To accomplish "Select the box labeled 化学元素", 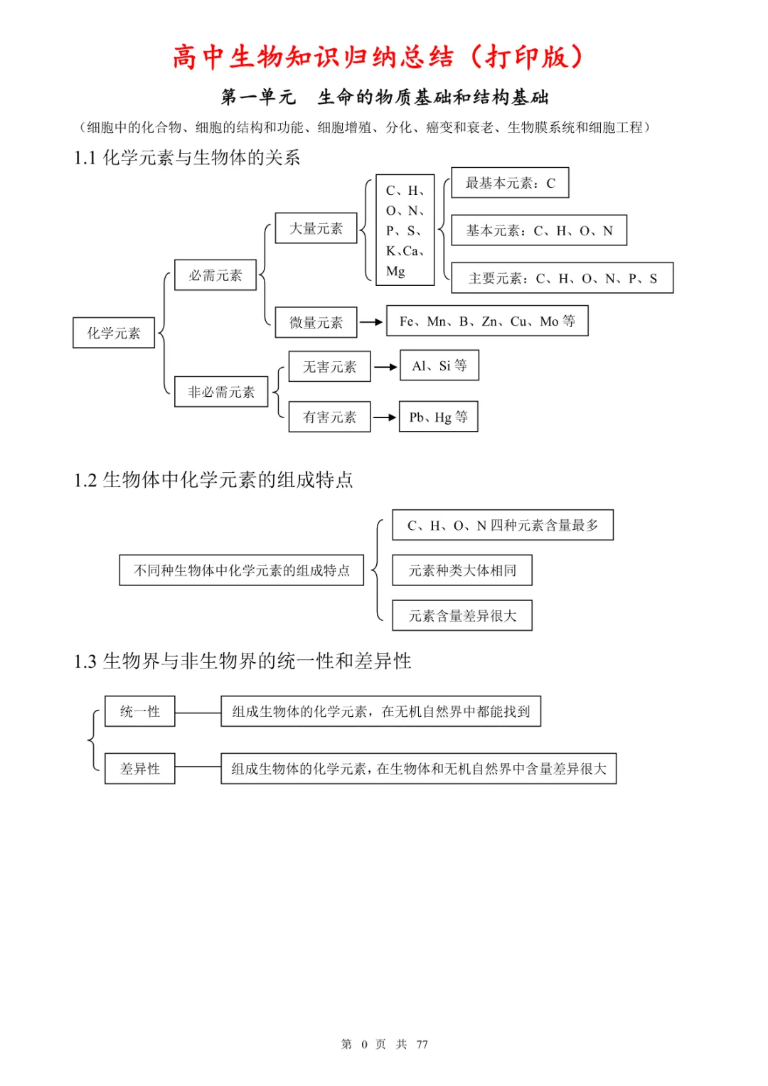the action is click(114, 333).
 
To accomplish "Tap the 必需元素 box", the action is click(215, 275).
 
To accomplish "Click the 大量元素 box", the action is click(316, 228).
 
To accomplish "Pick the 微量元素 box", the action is click(316, 322).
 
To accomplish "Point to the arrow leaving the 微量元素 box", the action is click(371, 322).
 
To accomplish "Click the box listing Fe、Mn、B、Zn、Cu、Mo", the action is click(487, 321).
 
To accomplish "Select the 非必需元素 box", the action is click(221, 391).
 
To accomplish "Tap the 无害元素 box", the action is click(330, 366).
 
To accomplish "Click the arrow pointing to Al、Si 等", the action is click(385, 367).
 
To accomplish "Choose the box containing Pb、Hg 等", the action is click(438, 417).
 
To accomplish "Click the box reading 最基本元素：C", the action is click(510, 182).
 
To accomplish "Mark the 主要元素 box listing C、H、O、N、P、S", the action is click(562, 278).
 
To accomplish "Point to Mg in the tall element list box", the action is click(395, 271).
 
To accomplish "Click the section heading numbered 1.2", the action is click(213, 479).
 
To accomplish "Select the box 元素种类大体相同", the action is click(462, 570).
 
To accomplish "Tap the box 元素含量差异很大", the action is click(462, 616).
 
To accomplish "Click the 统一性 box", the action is click(140, 711).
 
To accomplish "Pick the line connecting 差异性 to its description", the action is click(198, 767).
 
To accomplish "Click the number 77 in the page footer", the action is click(422, 1044).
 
